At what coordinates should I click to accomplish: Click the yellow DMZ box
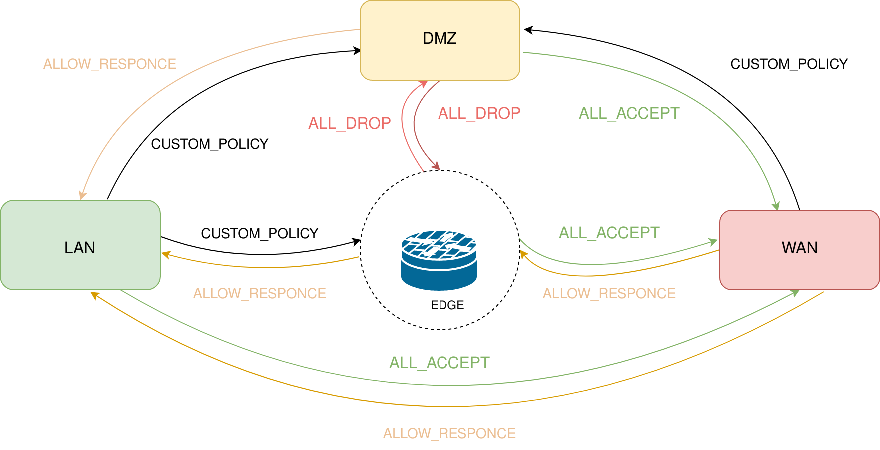pyautogui.click(x=440, y=40)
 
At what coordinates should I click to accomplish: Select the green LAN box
pyautogui.click(x=80, y=245)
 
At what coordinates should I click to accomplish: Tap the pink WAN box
pyautogui.click(x=799, y=249)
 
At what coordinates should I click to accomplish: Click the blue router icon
pyautogui.click(x=439, y=260)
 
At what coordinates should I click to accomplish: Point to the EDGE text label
pyautogui.click(x=447, y=305)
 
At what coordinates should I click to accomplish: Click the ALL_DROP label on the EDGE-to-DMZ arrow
pyautogui.click(x=349, y=123)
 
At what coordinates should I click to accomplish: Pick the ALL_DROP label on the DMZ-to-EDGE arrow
pyautogui.click(x=479, y=113)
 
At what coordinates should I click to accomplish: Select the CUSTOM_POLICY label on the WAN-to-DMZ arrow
pyautogui.click(x=789, y=64)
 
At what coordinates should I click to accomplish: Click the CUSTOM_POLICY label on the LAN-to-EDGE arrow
pyautogui.click(x=259, y=233)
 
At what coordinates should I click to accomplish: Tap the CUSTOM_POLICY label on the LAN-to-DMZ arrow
pyautogui.click(x=209, y=144)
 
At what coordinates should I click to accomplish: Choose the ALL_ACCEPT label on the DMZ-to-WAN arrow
pyautogui.click(x=629, y=113)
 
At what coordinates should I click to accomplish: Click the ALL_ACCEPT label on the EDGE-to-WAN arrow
pyautogui.click(x=609, y=233)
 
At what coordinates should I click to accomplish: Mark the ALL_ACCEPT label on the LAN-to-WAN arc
pyautogui.click(x=439, y=363)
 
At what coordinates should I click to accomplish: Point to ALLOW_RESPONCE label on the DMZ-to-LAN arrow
pyautogui.click(x=109, y=64)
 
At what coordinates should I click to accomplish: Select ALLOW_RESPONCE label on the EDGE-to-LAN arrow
pyautogui.click(x=259, y=293)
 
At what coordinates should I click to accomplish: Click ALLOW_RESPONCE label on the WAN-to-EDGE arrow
pyautogui.click(x=609, y=293)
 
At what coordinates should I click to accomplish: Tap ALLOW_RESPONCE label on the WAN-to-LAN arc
pyautogui.click(x=449, y=433)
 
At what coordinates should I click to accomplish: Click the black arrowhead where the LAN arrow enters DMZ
pyautogui.click(x=357, y=50)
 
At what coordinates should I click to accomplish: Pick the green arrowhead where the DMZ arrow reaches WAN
pyautogui.click(x=776, y=206)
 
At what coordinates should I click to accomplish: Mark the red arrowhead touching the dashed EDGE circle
pyautogui.click(x=436, y=166)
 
